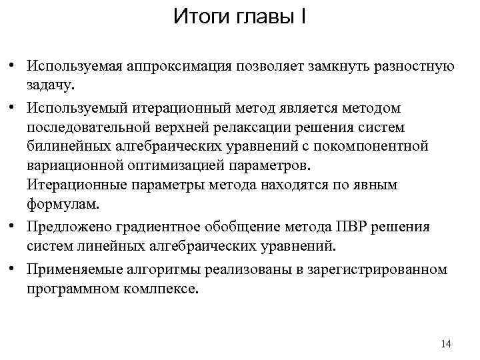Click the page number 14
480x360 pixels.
click(446, 344)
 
